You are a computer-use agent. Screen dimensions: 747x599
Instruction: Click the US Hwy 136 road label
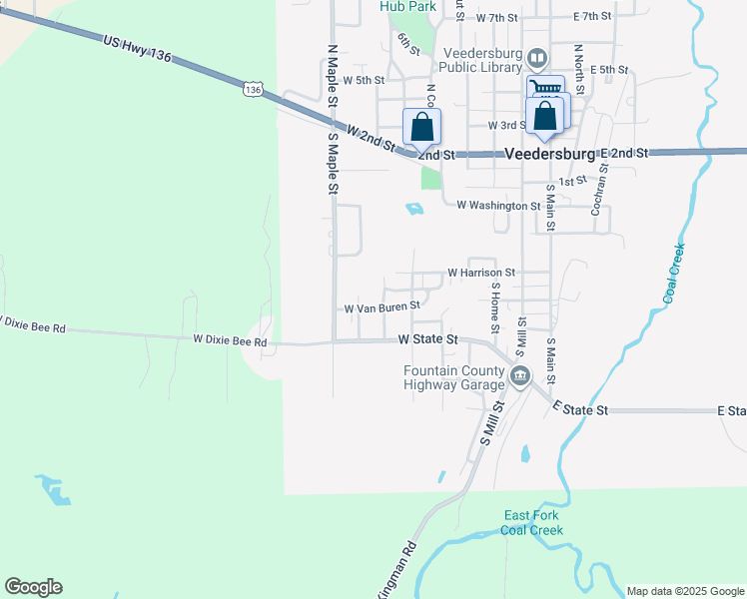point(137,49)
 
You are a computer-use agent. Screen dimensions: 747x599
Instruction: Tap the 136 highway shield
point(253,90)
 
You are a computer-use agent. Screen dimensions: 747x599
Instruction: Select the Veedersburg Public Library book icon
point(539,58)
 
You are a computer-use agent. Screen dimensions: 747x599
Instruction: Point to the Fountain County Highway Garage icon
point(519,376)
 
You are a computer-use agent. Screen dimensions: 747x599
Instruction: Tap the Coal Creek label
point(674,273)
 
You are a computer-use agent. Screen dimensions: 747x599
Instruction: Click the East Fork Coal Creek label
point(533,522)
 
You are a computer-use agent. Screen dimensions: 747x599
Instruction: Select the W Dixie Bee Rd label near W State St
point(230,341)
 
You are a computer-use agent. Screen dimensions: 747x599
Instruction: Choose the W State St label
point(427,339)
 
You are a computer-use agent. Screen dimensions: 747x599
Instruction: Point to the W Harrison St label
point(480,272)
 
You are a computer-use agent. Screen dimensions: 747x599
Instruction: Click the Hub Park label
point(407,6)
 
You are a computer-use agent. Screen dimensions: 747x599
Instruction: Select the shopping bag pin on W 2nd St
point(421,127)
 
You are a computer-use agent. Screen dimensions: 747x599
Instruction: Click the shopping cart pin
point(545,89)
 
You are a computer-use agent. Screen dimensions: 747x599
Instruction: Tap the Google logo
point(33,587)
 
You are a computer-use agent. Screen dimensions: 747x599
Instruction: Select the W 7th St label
point(497,18)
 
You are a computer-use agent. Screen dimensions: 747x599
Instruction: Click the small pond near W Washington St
point(414,209)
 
